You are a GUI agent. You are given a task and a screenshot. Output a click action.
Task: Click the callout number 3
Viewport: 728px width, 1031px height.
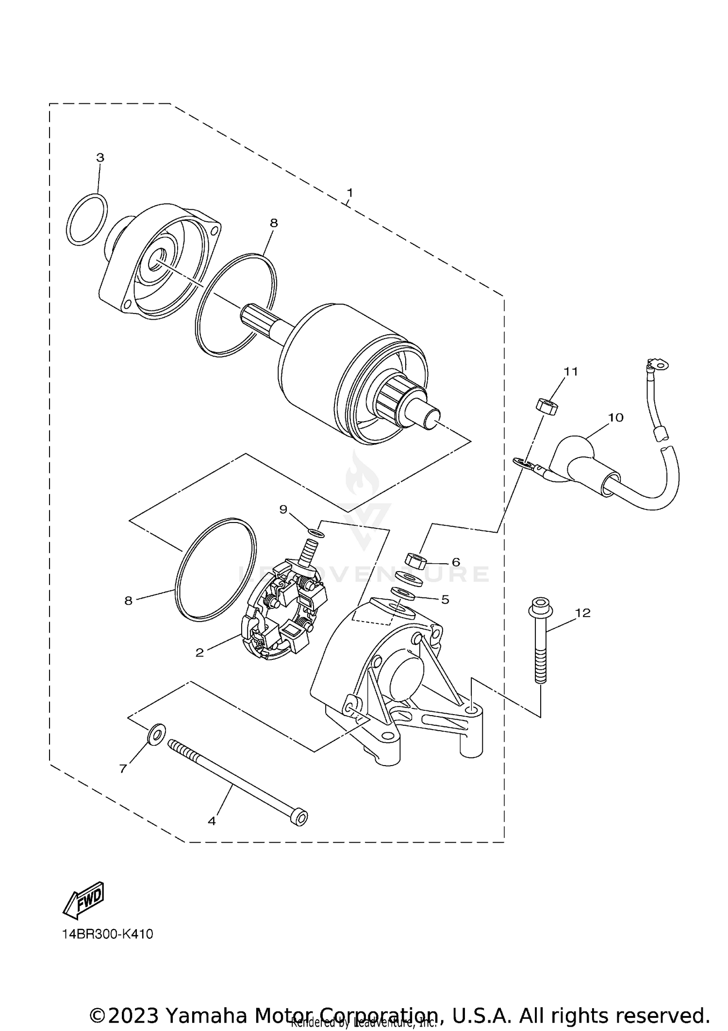100,158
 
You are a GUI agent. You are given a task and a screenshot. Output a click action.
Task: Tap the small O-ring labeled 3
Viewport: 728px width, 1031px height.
87,219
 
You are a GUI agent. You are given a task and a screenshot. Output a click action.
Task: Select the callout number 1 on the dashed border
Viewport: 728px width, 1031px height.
349,193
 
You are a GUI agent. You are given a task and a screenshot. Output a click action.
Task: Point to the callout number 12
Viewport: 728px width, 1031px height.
582,613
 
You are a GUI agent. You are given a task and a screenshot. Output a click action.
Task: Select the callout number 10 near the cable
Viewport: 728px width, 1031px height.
615,417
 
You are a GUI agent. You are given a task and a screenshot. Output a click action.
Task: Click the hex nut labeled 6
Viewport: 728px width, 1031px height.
416,561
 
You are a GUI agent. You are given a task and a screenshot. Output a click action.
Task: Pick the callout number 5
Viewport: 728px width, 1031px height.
445,599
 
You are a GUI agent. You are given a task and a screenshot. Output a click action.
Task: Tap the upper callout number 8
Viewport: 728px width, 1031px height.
274,223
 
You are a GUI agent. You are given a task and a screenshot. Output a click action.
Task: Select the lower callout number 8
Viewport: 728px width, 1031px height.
128,601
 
